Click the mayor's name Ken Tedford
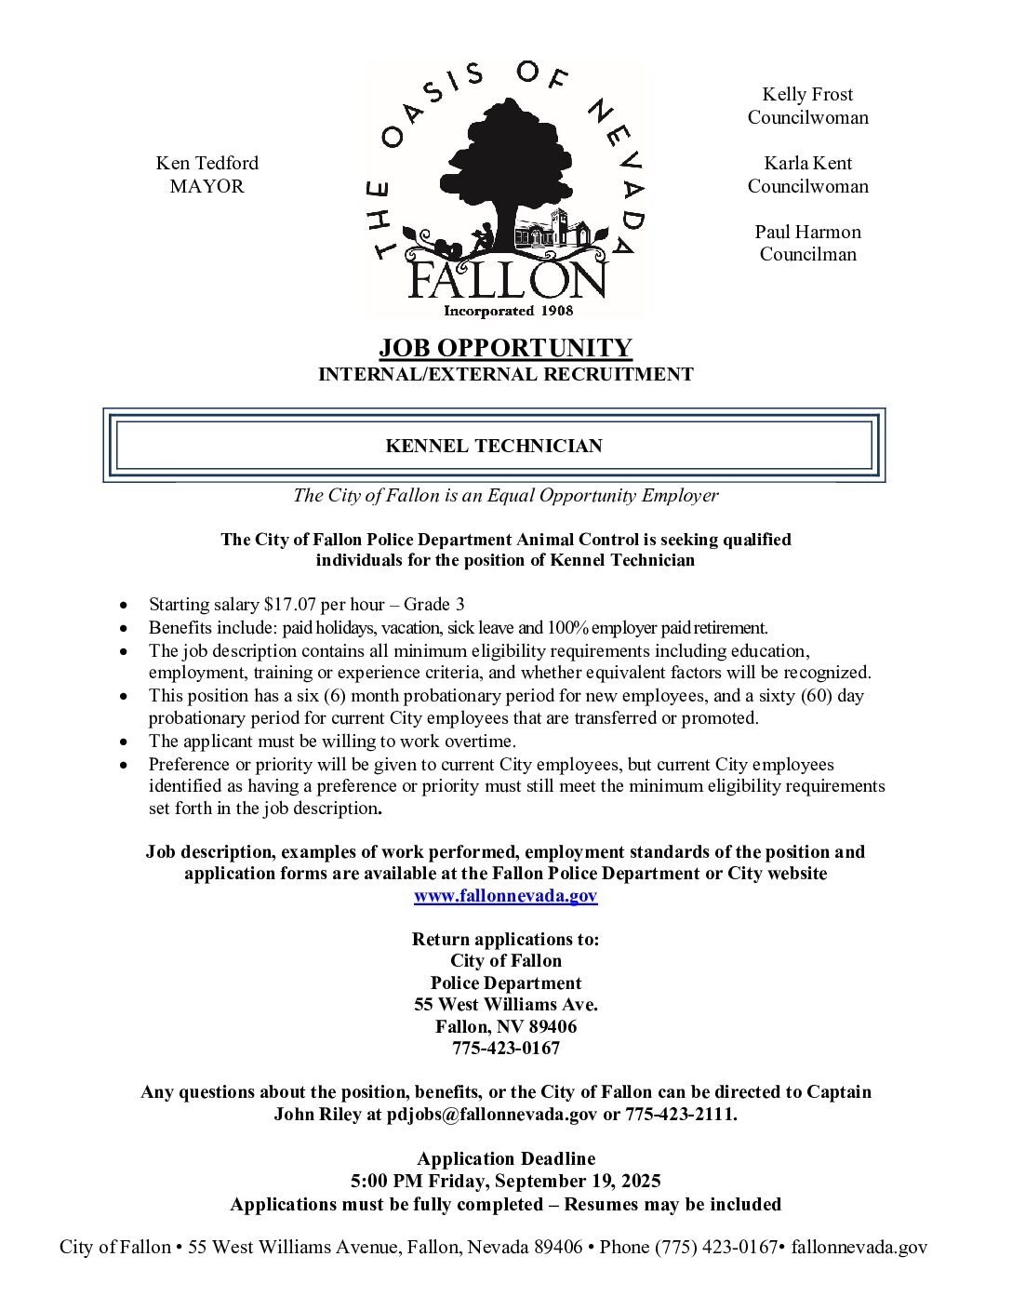coord(206,163)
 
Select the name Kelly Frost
coord(807,94)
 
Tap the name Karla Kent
coord(807,163)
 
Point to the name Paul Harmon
coord(807,232)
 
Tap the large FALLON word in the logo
coord(507,278)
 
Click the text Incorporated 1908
coord(508,311)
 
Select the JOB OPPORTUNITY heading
coord(505,348)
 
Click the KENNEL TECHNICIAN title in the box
coord(494,446)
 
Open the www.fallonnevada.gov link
coord(505,896)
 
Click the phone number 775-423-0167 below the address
coord(505,1049)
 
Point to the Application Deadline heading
coord(505,1158)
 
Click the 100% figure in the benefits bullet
coord(566,628)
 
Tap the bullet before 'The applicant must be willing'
coord(124,742)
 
